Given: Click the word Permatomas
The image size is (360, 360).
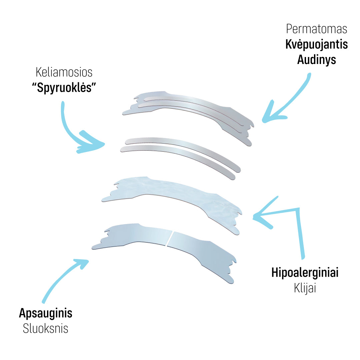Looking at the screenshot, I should coord(317,29).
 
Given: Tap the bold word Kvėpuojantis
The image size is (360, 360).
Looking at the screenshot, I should coord(316,45).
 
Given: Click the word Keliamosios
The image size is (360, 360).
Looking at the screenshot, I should coord(64,72).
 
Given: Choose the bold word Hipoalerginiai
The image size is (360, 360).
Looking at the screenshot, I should coord(305,273).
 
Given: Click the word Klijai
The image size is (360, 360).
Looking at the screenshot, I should coord(305,288).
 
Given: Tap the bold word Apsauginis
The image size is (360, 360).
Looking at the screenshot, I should coord(46,313).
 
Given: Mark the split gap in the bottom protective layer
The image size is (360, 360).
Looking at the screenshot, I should coord(169,238).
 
